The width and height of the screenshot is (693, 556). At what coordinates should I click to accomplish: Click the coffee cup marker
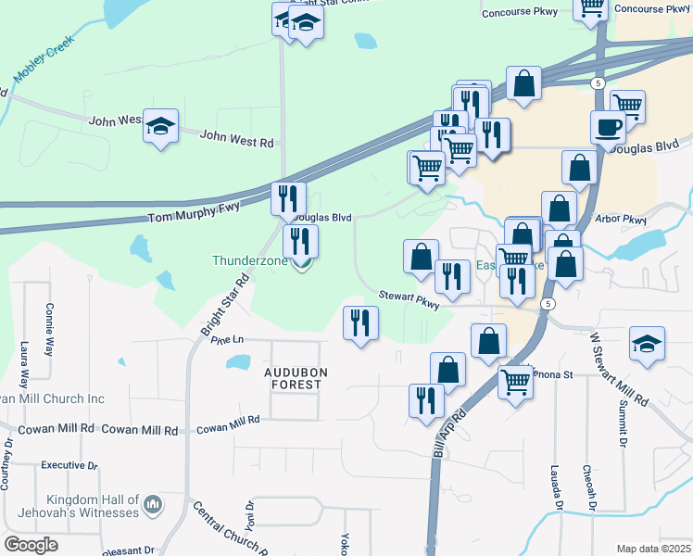tap(608, 126)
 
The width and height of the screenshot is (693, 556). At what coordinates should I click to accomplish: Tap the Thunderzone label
tap(252, 261)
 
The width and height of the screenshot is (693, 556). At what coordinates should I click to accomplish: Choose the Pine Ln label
tap(226, 340)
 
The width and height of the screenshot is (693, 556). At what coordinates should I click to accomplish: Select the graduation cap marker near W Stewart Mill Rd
tap(646, 344)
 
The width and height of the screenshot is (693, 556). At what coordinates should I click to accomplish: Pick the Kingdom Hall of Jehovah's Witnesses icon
tap(153, 505)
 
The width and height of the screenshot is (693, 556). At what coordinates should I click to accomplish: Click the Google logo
tap(31, 545)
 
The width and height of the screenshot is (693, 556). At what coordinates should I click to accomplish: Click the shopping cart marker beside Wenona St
tap(515, 381)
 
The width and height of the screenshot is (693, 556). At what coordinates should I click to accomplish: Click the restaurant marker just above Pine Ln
tap(359, 322)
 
